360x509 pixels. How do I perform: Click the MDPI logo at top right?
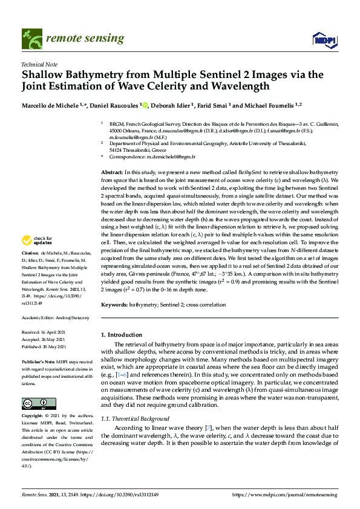[x=323, y=41]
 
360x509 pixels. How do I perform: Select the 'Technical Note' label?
[x=39, y=64]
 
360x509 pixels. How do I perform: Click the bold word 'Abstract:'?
[x=112, y=172]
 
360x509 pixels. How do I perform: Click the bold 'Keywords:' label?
[x=114, y=306]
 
